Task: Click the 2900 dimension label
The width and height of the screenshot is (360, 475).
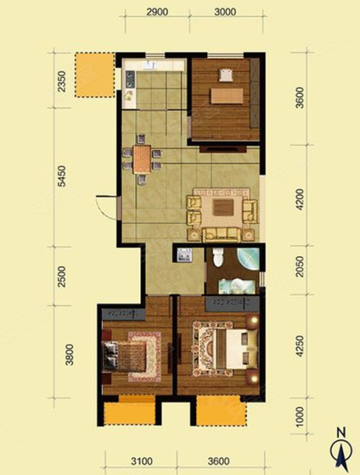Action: tap(157, 12)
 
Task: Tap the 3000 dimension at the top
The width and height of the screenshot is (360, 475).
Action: tap(225, 12)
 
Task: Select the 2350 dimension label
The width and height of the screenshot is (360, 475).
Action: tap(61, 81)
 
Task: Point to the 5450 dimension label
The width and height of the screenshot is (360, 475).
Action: tap(61, 176)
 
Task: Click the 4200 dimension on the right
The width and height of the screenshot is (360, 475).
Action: tap(300, 199)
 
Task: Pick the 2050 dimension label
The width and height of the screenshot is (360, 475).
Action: tap(300, 267)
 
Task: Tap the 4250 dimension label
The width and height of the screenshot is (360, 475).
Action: tap(300, 346)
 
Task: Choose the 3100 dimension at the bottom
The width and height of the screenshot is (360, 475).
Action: tap(142, 461)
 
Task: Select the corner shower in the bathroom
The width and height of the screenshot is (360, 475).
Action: tap(248, 259)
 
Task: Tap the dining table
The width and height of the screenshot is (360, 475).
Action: tap(142, 160)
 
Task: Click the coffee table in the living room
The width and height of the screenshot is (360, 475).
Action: tap(223, 208)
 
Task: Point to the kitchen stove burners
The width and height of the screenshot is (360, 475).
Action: tap(131, 78)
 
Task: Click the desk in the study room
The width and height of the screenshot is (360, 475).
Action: tap(227, 96)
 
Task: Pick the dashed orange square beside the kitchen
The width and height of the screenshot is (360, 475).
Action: tap(95, 75)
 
